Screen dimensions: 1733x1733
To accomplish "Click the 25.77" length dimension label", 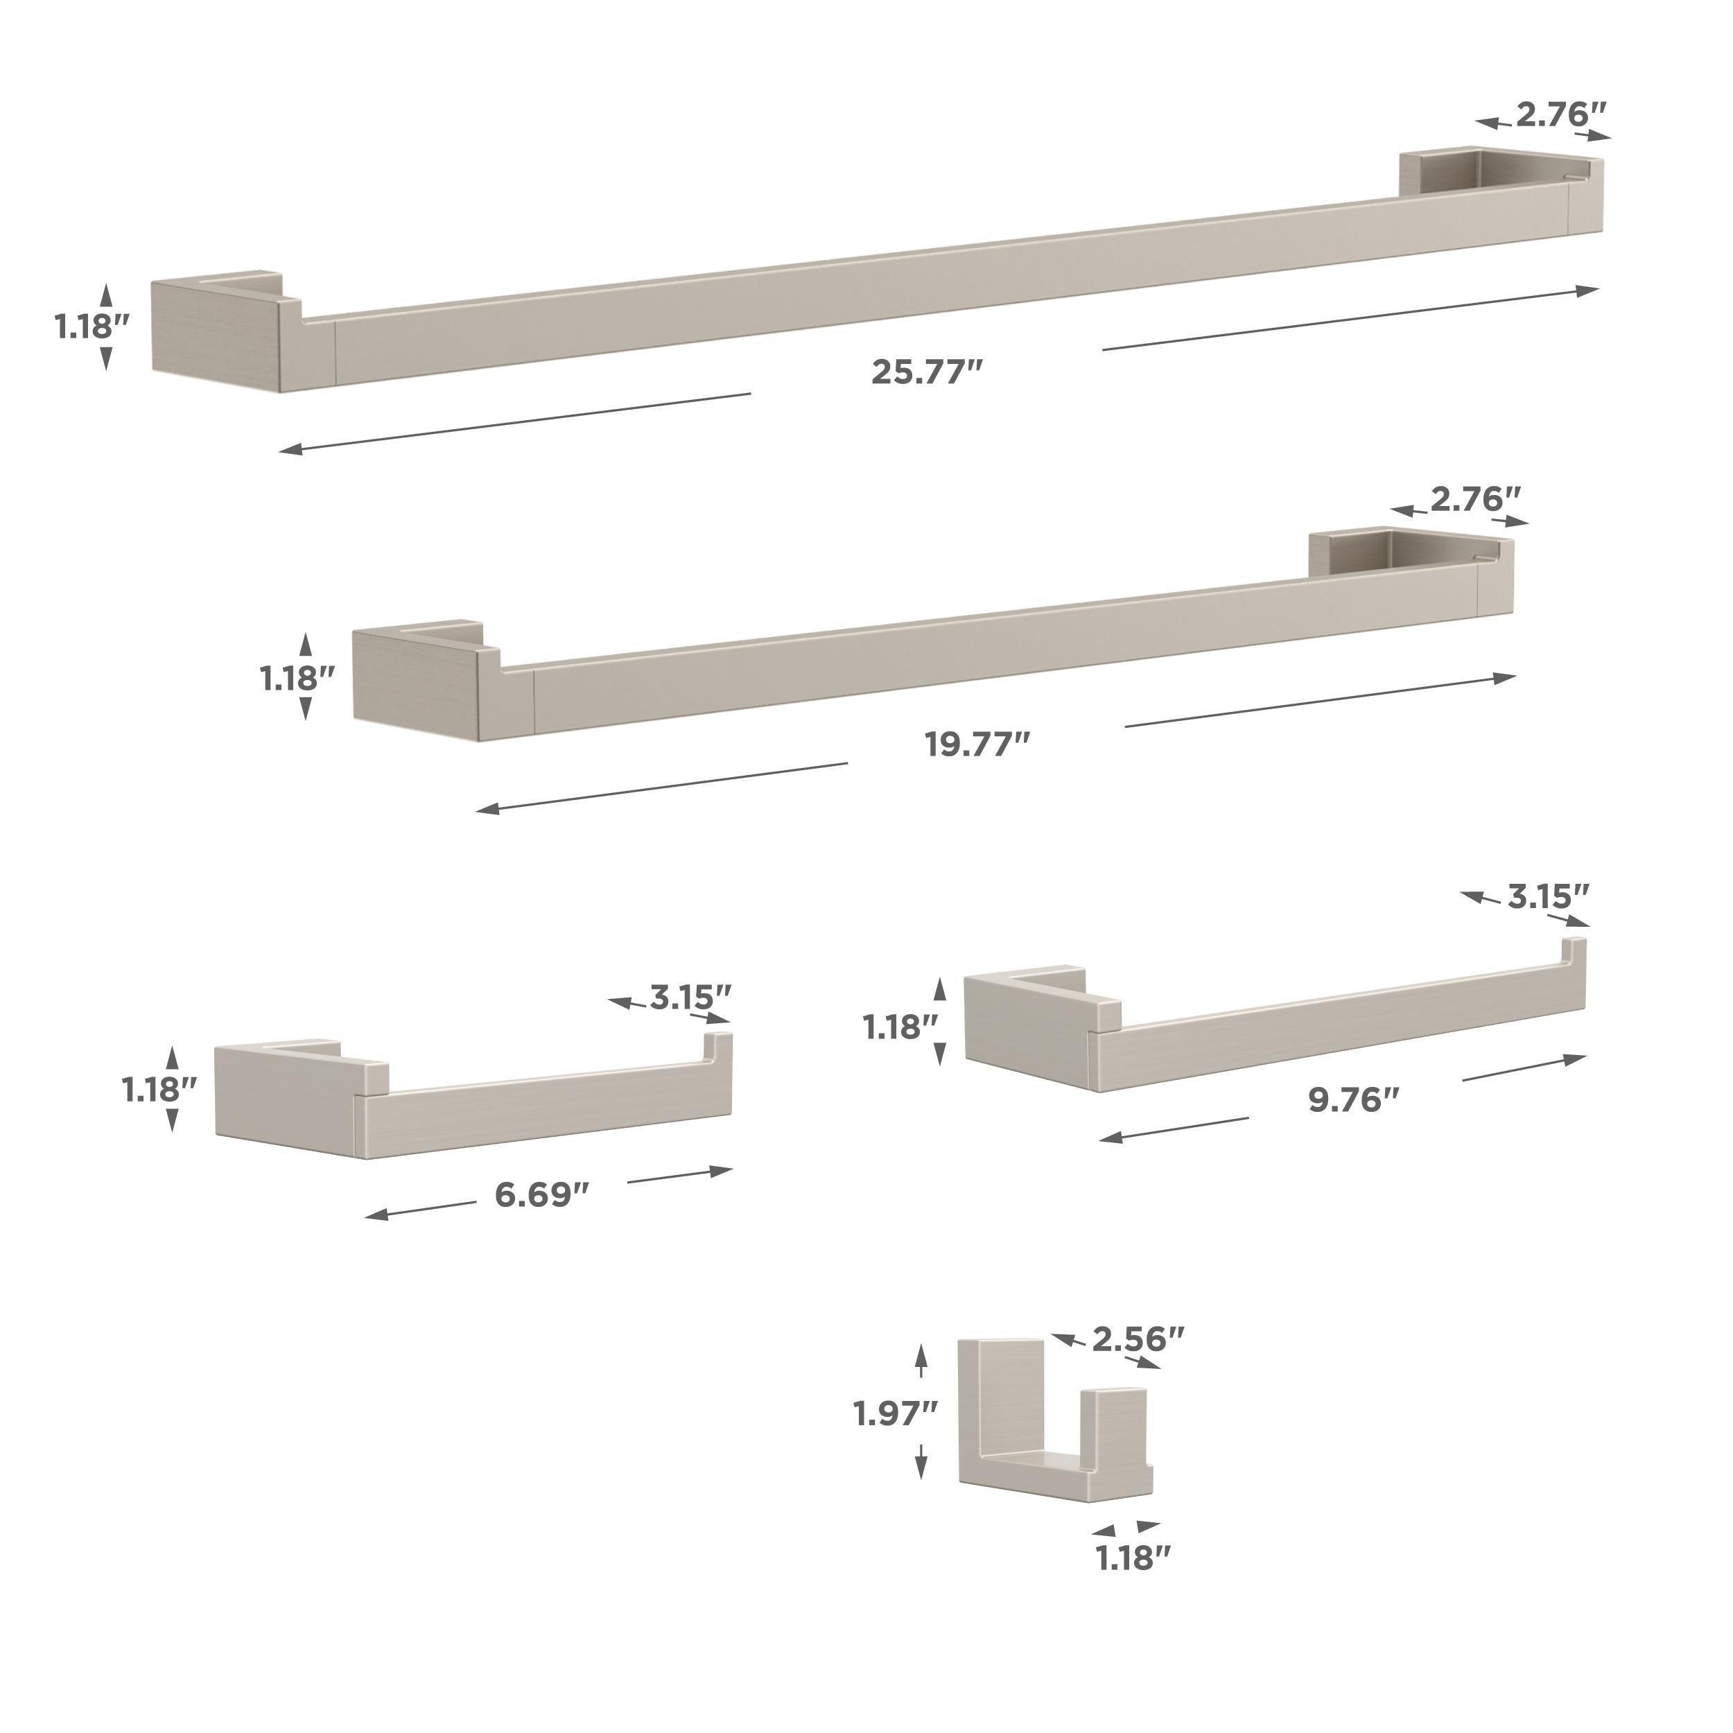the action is (928, 372).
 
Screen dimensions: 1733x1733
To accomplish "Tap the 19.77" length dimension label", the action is (977, 744).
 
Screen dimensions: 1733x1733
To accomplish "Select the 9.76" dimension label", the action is (1354, 1099).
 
